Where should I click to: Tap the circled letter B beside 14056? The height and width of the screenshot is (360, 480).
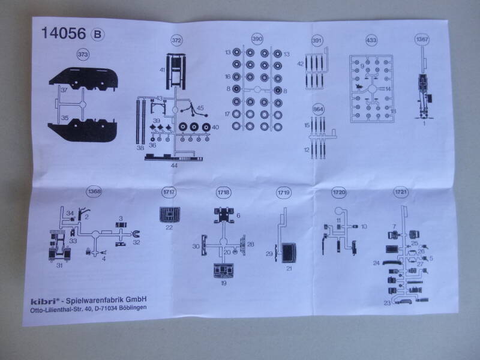[x=97, y=34]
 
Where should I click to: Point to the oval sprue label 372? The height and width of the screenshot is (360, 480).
[x=176, y=40]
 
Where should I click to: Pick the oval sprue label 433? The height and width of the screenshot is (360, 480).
[x=371, y=40]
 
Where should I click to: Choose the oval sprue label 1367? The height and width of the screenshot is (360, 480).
[x=424, y=40]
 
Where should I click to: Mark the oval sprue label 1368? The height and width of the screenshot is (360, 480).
[x=94, y=191]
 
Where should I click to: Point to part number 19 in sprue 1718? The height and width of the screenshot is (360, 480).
[x=224, y=282]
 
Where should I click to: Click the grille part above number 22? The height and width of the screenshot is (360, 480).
[x=169, y=213]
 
